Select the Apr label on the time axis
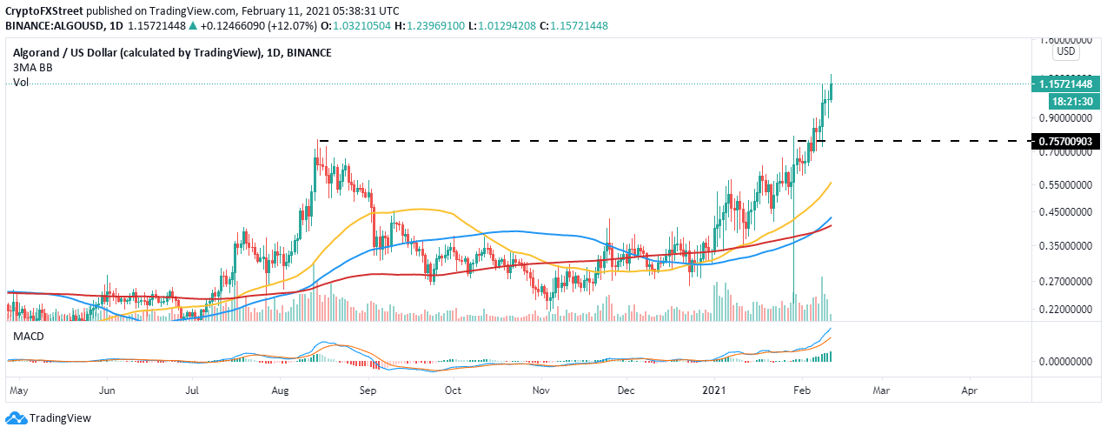coord(971,391)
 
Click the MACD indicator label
coord(28,336)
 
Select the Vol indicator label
coord(21,83)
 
